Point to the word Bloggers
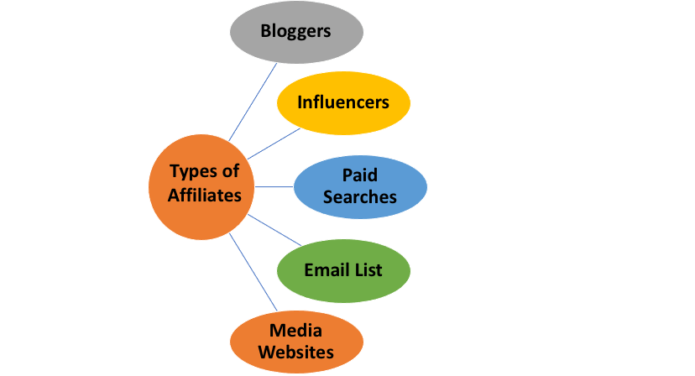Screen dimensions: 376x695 pyautogui.click(x=296, y=32)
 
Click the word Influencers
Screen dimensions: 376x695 pyautogui.click(x=343, y=102)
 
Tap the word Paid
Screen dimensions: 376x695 pyautogui.click(x=360, y=175)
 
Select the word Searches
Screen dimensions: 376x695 pyautogui.click(x=360, y=197)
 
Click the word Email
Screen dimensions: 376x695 pyautogui.click(x=322, y=270)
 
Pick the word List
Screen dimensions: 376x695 pyautogui.click(x=367, y=270)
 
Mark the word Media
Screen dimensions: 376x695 pyautogui.click(x=295, y=330)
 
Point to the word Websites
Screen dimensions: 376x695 pyautogui.click(x=296, y=352)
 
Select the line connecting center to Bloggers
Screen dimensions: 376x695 pyautogui.click(x=253, y=102)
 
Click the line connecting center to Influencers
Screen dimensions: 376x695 pyautogui.click(x=274, y=144)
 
